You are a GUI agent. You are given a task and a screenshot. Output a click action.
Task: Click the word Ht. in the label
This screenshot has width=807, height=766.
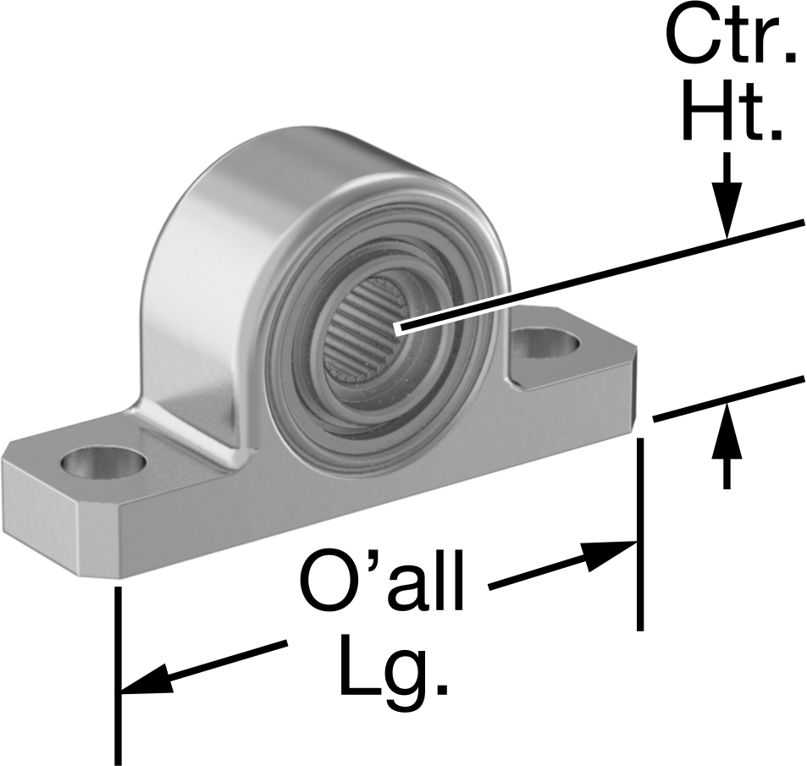click(732, 112)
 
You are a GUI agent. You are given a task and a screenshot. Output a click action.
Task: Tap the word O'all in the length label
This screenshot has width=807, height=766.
click(381, 581)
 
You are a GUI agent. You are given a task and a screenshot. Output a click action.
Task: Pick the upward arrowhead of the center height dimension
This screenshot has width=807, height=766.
click(727, 430)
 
